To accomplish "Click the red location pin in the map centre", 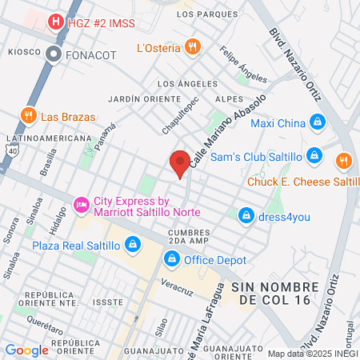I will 180,162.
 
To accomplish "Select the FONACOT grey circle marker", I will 54,54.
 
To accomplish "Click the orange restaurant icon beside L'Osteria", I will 191,47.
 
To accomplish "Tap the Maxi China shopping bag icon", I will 318,122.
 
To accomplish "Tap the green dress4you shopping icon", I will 246,214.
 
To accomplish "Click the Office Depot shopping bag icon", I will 172,259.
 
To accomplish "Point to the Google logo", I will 26,350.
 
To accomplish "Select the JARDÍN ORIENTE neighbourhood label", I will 140,98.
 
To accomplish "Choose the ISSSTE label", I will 108,302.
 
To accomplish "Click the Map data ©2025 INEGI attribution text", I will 310,354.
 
